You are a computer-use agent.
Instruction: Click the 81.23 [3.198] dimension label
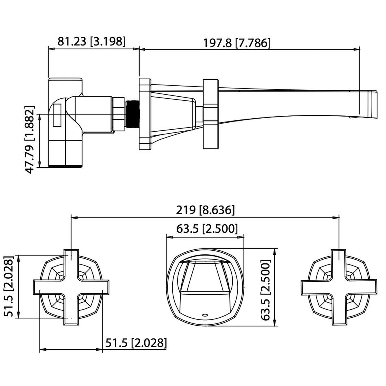[91, 42]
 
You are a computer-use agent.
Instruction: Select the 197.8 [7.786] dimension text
[237, 43]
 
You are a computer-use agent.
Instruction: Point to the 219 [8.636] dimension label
[205, 210]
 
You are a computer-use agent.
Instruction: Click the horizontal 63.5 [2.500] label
[207, 229]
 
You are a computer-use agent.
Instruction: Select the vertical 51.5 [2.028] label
[9, 286]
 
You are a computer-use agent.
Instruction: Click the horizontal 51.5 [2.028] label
[136, 343]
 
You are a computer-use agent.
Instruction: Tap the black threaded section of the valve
[132, 114]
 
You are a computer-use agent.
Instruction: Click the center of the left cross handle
[71, 287]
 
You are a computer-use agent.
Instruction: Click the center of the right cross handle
[339, 287]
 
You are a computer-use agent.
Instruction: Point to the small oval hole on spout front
[205, 315]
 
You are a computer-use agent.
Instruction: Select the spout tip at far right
[373, 104]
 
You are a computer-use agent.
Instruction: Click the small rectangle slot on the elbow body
[57, 115]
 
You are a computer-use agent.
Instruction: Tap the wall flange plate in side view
[145, 114]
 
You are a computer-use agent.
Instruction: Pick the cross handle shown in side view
[211, 114]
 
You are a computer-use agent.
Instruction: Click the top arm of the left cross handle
[71, 260]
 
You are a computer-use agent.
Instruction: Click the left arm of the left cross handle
[44, 287]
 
